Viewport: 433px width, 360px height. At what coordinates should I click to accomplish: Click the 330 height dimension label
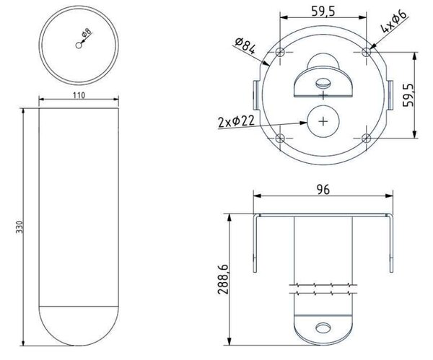point(19,227)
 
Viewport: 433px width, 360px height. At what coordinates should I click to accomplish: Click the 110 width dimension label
point(79,95)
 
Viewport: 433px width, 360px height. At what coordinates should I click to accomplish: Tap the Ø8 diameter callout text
point(87,32)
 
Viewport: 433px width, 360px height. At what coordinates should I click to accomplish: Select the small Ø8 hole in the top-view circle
point(79,45)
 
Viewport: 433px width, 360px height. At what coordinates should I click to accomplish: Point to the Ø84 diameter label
point(245,45)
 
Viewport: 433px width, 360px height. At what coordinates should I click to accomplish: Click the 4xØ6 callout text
point(394,21)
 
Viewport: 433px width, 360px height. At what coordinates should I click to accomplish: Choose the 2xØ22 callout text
point(236,121)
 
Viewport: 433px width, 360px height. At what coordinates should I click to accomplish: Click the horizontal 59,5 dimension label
point(323,11)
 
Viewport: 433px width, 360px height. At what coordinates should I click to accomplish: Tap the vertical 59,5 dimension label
point(408,95)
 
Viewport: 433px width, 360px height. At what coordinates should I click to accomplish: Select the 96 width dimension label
point(323,190)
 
